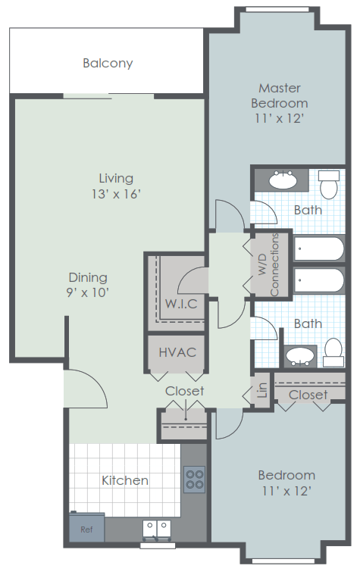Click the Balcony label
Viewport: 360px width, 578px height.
click(x=108, y=64)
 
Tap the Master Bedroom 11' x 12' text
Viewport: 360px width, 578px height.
click(x=280, y=103)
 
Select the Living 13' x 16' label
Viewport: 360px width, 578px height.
click(x=115, y=186)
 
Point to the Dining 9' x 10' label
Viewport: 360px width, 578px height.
click(x=88, y=285)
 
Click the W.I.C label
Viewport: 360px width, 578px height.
click(x=181, y=305)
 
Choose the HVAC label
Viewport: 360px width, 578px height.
click(x=177, y=352)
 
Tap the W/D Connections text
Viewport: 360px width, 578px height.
click(x=270, y=263)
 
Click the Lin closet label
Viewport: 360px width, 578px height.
click(x=262, y=390)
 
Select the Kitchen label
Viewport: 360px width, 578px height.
click(x=125, y=480)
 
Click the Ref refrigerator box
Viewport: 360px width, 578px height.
click(x=86, y=528)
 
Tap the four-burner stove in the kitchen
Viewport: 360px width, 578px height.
click(x=194, y=478)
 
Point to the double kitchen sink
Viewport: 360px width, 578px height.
click(x=158, y=527)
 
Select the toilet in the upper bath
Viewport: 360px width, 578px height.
click(x=330, y=183)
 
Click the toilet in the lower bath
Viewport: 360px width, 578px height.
click(x=332, y=349)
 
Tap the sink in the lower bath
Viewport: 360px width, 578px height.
click(x=302, y=354)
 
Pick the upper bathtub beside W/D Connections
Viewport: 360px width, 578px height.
click(x=319, y=248)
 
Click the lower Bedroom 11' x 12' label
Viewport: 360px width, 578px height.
click(x=286, y=483)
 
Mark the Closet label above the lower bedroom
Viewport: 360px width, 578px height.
click(x=308, y=395)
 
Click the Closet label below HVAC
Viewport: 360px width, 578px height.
click(x=185, y=391)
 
